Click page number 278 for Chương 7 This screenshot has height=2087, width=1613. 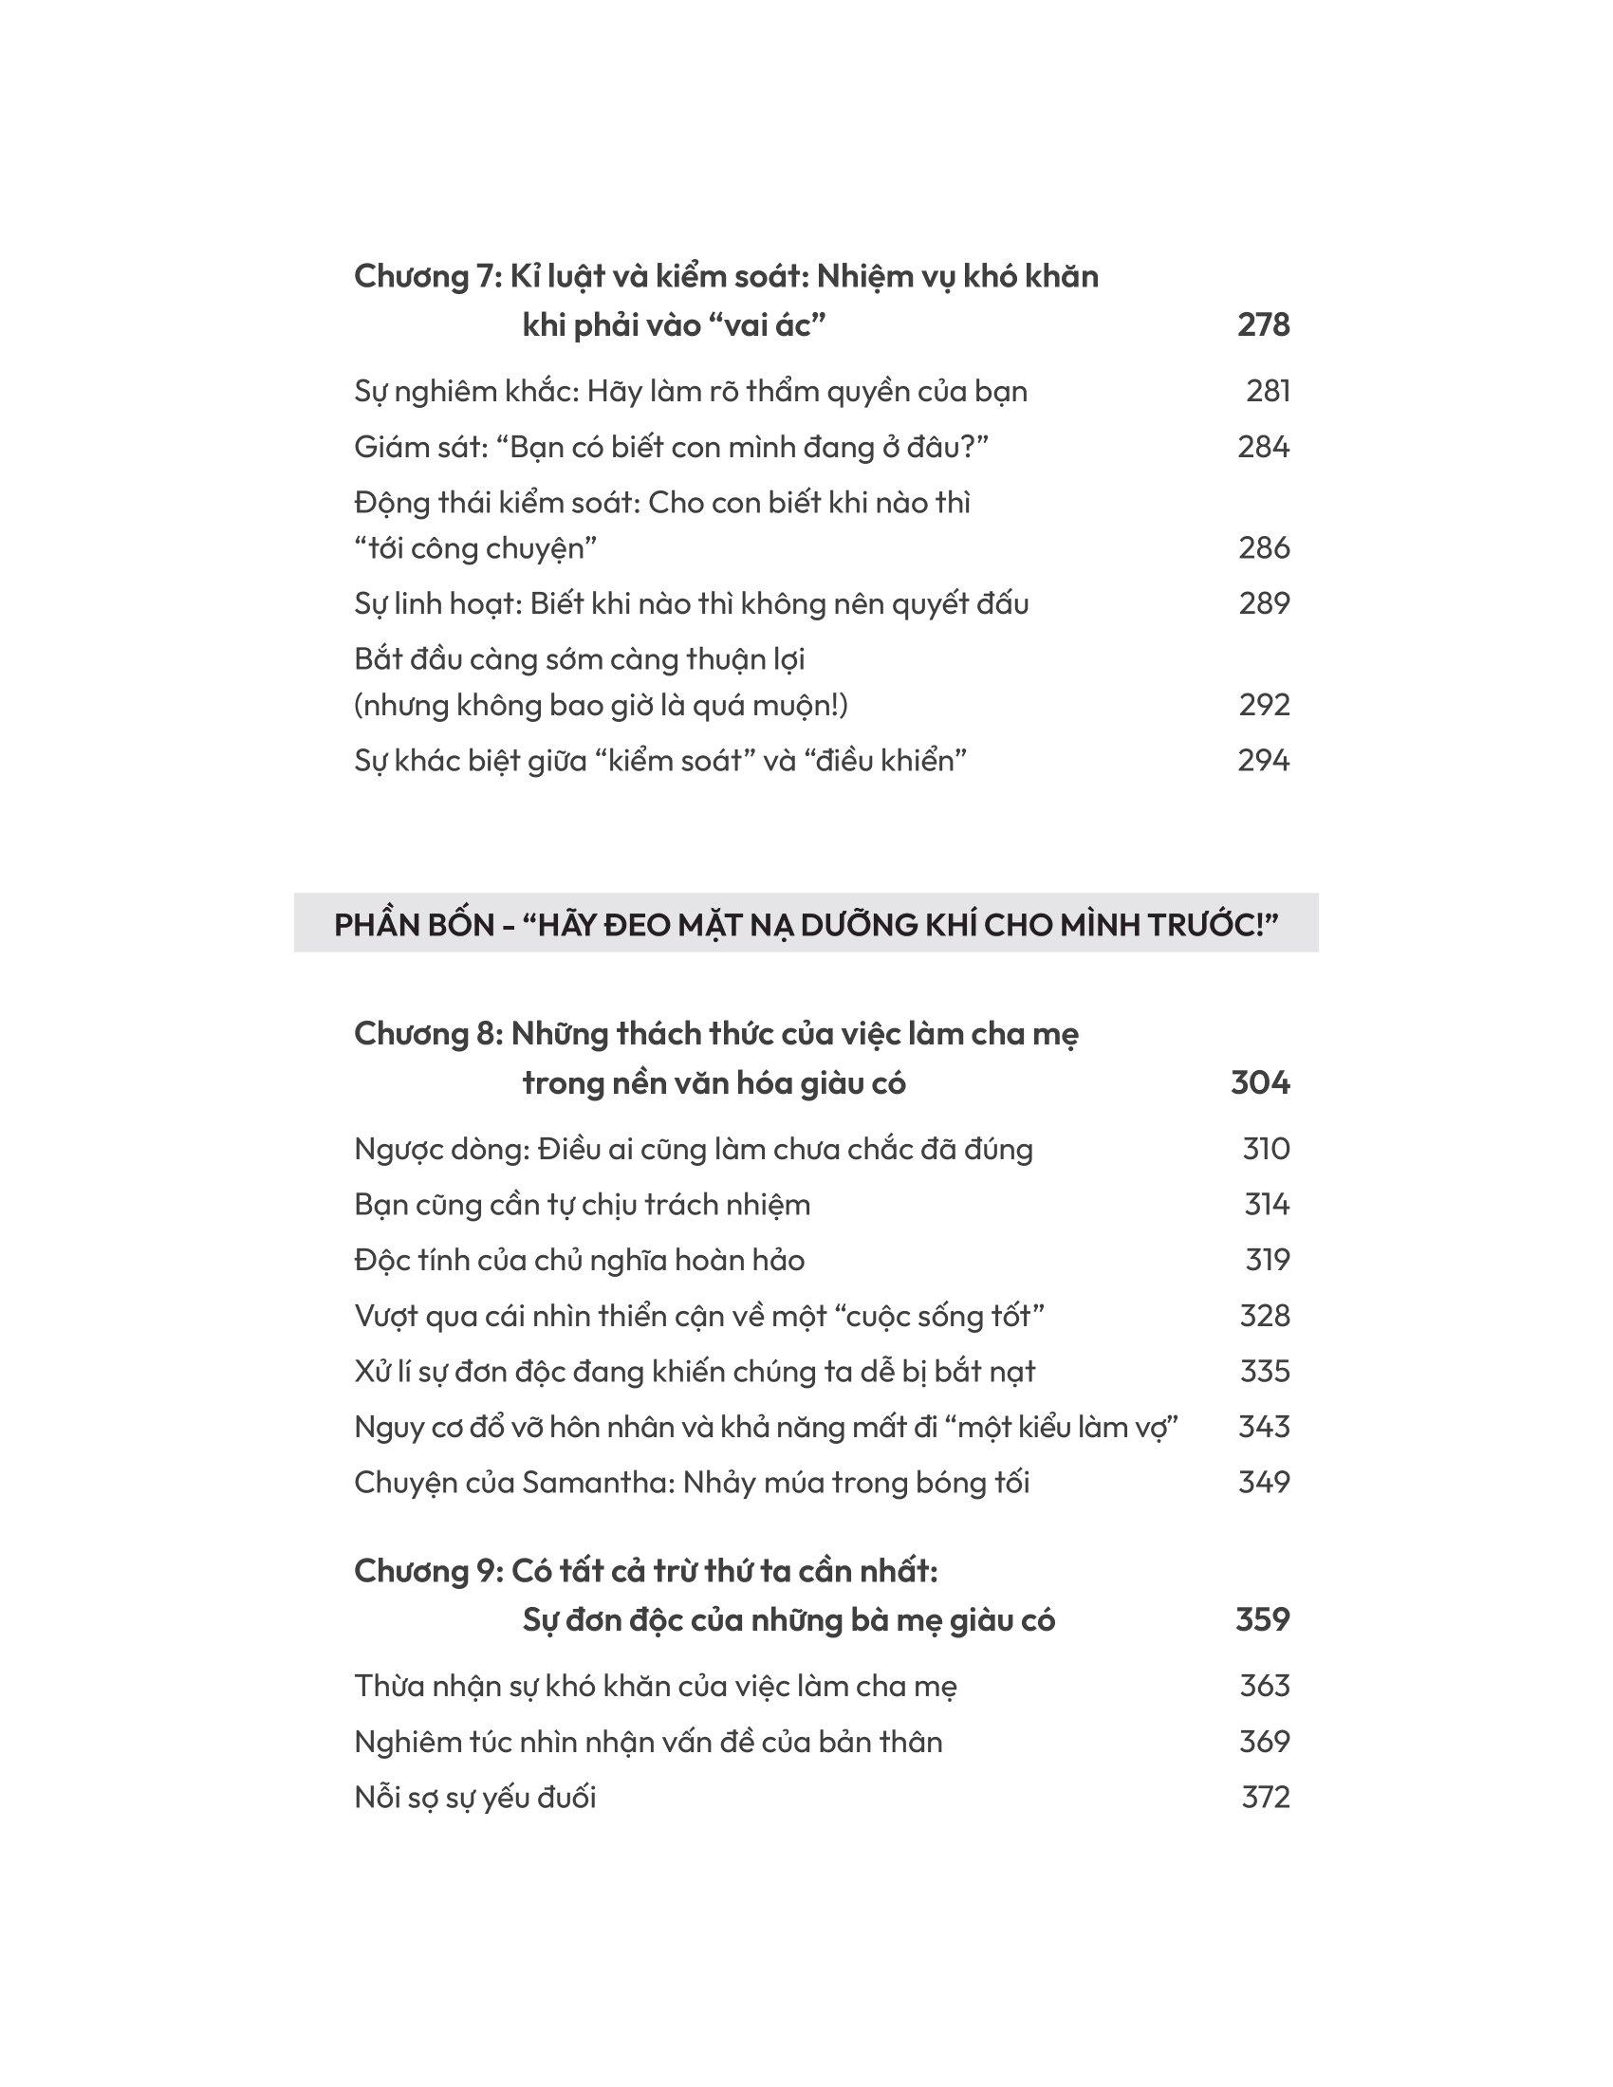(1263, 325)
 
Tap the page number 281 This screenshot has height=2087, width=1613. (1268, 392)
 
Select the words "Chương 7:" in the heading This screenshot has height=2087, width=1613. (426, 277)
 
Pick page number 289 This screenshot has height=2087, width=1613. (1264, 604)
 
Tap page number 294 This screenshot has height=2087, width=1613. (1263, 761)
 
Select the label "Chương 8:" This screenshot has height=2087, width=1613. (427, 1034)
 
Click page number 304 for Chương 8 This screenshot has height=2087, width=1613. (1260, 1083)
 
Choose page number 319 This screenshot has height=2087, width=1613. (1267, 1261)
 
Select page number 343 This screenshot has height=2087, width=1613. (1264, 1427)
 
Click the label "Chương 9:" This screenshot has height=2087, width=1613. (427, 1571)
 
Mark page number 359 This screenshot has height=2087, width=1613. (1262, 1620)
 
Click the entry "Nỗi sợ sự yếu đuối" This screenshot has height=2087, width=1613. (475, 1798)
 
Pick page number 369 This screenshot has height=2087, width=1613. (1264, 1742)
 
